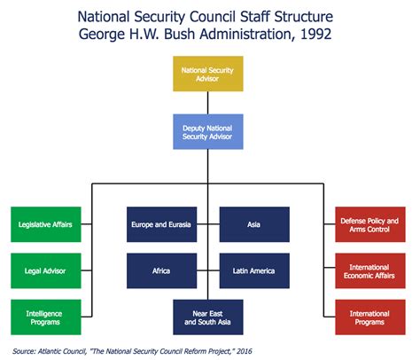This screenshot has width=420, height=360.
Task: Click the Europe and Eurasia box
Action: click(161, 224)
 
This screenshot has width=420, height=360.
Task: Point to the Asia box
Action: click(254, 224)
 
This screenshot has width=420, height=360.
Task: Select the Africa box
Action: click(161, 270)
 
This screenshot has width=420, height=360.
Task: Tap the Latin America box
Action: click(254, 270)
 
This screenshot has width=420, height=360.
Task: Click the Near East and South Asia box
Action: click(208, 317)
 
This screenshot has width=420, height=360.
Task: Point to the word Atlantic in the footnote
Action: click(59, 349)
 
